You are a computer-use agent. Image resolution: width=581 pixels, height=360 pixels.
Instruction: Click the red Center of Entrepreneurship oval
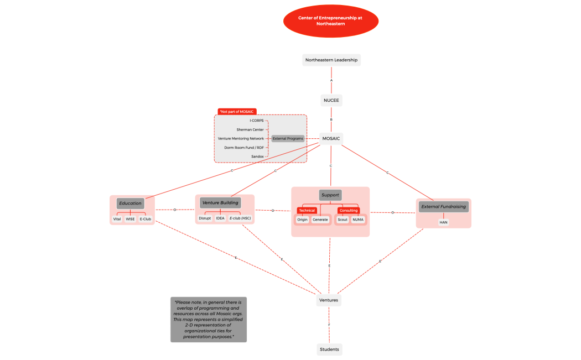coord(330,21)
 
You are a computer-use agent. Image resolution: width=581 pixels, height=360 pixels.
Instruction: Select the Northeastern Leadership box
coord(331,60)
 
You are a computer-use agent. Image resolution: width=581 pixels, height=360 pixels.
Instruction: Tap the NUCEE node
coord(331,100)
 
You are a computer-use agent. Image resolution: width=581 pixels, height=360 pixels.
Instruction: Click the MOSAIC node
coord(331,138)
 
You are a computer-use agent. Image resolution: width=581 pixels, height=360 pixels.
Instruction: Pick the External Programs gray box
coord(288,138)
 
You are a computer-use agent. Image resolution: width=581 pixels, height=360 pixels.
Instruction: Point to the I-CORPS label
coord(256,120)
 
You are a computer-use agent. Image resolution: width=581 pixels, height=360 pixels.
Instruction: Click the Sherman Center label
coord(250,129)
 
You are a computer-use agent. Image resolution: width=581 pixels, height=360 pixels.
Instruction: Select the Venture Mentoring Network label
coord(241,138)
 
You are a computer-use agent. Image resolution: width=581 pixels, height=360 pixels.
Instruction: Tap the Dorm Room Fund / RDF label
coord(244,148)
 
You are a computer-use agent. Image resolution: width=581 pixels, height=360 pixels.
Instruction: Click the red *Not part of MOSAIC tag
coord(237,112)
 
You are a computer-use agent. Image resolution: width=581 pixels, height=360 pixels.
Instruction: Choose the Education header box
coord(130,204)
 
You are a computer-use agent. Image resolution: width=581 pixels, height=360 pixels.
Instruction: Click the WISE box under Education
coord(130,219)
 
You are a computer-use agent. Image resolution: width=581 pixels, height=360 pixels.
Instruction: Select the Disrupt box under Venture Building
coord(205,218)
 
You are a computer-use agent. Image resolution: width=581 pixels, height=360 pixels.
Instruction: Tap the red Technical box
coord(307,210)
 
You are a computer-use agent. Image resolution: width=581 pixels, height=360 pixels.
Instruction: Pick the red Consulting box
coord(349,210)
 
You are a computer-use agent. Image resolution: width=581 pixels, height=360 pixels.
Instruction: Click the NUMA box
coord(358,220)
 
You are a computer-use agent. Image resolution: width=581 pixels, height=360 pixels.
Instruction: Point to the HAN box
coord(443,222)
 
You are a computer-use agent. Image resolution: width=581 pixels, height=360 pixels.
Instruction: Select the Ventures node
coord(329,300)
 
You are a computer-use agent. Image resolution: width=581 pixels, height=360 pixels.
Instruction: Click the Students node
coord(329,349)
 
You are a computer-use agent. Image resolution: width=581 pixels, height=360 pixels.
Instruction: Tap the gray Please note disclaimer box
coord(209,319)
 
